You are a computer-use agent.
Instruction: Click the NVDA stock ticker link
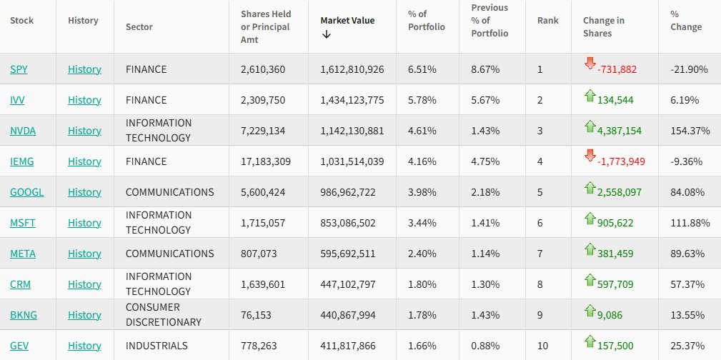coord(23,131)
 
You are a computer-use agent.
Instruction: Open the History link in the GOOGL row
coord(84,192)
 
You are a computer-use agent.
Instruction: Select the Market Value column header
coord(347,20)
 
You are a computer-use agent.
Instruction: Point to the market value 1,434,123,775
coord(352,100)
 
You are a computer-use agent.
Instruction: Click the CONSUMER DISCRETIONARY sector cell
coord(164,315)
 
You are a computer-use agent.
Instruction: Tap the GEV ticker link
coord(20,346)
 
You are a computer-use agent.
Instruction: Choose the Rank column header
coord(548,20)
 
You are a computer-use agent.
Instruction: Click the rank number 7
coord(540,254)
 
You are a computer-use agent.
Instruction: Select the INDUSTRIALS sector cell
coord(156,346)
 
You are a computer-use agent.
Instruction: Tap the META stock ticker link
coord(24,254)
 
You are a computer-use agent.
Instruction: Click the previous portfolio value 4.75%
coord(485,161)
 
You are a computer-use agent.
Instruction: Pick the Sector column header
coord(139,27)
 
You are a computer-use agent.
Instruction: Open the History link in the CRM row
coord(84,284)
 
